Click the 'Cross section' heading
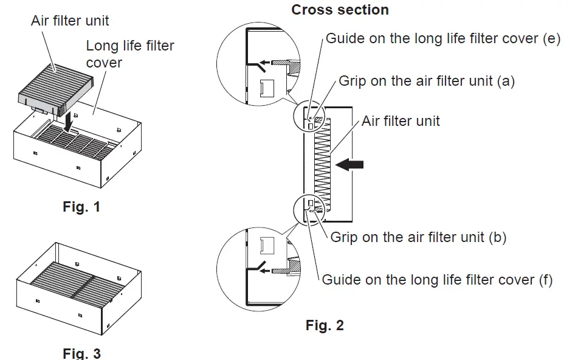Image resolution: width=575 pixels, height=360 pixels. point(340,10)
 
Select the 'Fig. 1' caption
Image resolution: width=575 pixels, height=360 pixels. point(81,207)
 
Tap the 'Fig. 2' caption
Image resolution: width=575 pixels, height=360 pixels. point(325,325)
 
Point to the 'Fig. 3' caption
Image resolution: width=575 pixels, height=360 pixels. point(81,353)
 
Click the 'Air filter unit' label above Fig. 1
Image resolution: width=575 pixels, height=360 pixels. point(70,21)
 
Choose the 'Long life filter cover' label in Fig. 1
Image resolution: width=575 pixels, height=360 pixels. point(129,54)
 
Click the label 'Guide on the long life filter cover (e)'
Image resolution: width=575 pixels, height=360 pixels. point(443,38)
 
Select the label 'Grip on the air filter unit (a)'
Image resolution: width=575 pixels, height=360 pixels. point(426,81)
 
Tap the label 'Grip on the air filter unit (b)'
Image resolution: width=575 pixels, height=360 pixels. point(418,237)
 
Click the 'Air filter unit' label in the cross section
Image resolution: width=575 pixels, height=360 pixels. point(401,120)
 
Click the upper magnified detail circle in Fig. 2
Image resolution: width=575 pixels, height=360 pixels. point(258,66)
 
